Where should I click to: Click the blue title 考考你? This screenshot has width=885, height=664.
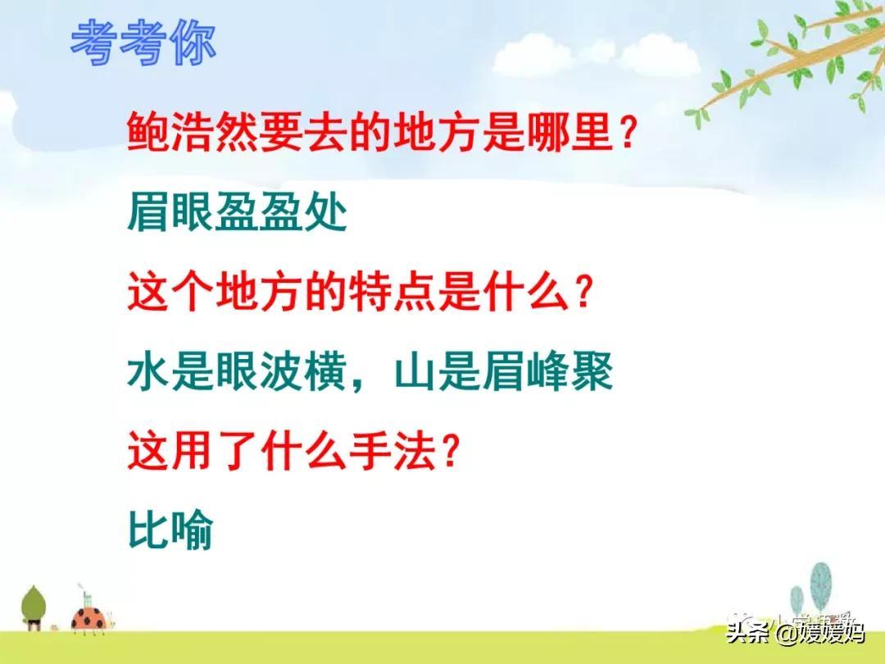pyautogui.click(x=143, y=43)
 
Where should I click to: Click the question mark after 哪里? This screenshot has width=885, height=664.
pyautogui.click(x=629, y=132)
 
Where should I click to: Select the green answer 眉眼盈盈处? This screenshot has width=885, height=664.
pyautogui.click(x=237, y=213)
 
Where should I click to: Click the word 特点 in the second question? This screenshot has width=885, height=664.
pyautogui.click(x=393, y=292)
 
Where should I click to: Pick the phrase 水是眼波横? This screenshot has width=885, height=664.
pyautogui.click(x=237, y=372)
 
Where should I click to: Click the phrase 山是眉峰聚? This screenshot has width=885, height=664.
pyautogui.click(x=503, y=372)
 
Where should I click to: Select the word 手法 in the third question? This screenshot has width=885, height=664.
pyautogui.click(x=393, y=452)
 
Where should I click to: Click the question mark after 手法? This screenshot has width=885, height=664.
pyautogui.click(x=449, y=452)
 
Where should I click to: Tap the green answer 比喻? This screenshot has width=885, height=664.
pyautogui.click(x=170, y=530)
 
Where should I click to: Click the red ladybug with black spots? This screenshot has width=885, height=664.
pyautogui.click(x=89, y=618)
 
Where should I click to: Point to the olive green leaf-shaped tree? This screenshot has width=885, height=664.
pyautogui.click(x=34, y=607)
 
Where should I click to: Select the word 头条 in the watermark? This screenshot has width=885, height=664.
pyautogui.click(x=749, y=632)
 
